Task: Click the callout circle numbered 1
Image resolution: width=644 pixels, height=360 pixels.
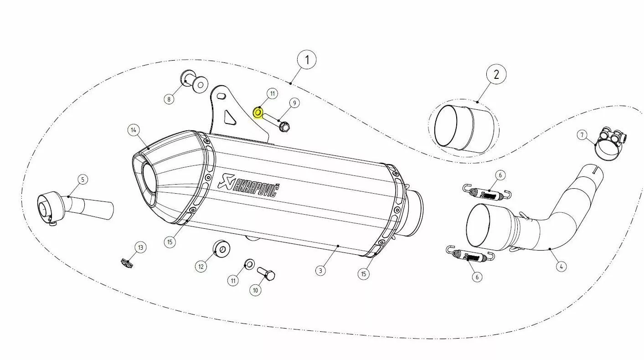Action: [307, 60]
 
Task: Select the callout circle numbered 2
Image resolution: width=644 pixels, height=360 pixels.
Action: [496, 74]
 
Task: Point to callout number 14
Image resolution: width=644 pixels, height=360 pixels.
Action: [134, 130]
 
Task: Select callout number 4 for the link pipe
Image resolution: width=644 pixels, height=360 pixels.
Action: [561, 266]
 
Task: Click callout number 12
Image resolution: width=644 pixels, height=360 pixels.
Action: [201, 267]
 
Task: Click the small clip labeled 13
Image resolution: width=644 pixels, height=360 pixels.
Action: [127, 263]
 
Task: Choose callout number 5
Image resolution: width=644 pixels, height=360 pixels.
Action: [83, 180]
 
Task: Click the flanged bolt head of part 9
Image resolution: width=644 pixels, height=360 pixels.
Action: [284, 126]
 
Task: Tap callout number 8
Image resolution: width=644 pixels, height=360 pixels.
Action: [169, 99]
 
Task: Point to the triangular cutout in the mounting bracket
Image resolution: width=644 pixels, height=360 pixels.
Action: [230, 117]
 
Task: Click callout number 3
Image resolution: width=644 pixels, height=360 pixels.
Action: [320, 270]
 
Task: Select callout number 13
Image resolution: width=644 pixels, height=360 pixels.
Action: [140, 247]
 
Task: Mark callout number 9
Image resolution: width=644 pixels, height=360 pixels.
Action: [294, 103]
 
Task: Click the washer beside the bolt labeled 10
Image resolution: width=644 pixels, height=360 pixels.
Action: [249, 264]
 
